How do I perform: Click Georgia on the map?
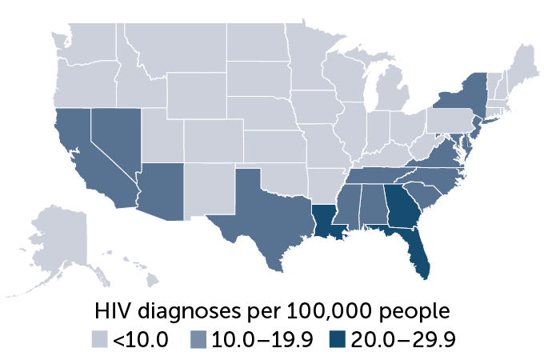pos(399,207)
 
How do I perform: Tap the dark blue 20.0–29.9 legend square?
pos(338,340)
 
